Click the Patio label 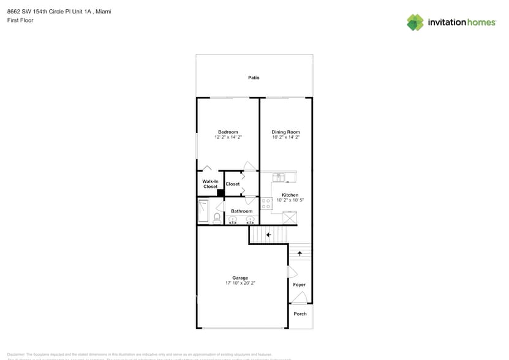click(x=254, y=78)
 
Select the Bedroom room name click(x=228, y=132)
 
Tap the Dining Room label click(x=285, y=132)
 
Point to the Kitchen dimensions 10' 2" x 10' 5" click(x=290, y=200)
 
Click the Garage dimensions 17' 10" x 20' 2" click(x=240, y=283)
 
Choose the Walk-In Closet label click(x=210, y=184)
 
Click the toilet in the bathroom click(x=217, y=217)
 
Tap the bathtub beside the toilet click(x=203, y=211)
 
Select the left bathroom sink click(x=233, y=219)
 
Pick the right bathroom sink click(x=249, y=219)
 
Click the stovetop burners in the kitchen click(x=266, y=203)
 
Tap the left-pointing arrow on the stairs click(x=268, y=234)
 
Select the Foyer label click(x=300, y=285)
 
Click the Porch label click(x=300, y=314)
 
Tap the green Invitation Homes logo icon click(x=415, y=22)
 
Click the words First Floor click(x=21, y=20)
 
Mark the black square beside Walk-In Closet click(x=221, y=192)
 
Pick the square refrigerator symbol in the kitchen click(x=290, y=218)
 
